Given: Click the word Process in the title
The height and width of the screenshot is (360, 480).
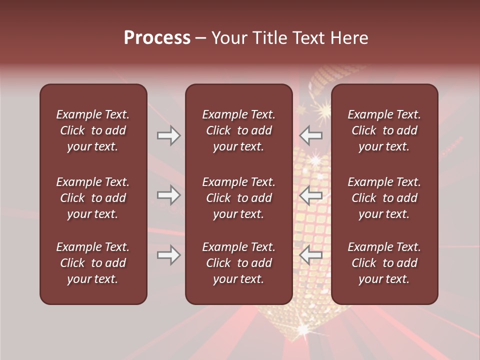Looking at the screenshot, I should click(157, 38).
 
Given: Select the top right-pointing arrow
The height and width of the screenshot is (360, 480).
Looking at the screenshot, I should click(168, 135).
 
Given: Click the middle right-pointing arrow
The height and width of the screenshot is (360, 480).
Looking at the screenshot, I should click(168, 195).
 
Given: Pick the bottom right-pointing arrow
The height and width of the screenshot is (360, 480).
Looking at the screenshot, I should click(168, 255).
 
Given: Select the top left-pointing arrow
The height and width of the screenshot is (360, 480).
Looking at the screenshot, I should click(310, 135).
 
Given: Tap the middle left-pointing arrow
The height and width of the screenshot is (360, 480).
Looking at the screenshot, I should click(310, 195).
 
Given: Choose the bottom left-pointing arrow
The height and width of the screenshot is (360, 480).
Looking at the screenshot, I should click(310, 255).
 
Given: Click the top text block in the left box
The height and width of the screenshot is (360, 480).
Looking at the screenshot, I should click(93, 130).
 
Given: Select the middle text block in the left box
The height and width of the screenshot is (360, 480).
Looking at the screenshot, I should click(93, 198).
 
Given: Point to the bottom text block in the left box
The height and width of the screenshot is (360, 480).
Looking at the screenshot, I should click(93, 263).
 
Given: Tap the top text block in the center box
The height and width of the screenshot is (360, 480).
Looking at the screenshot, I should click(238, 130).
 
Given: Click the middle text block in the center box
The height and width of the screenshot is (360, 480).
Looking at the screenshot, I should click(238, 198).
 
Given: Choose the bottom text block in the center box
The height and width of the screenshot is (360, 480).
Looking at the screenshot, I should click(238, 263).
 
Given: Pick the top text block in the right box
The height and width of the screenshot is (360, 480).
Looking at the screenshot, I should click(384, 130).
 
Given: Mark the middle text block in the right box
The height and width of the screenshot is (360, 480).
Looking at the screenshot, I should click(384, 198).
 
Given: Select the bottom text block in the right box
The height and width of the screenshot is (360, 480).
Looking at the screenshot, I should click(384, 263).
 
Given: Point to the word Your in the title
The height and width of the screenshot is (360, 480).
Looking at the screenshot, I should click(228, 38).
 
